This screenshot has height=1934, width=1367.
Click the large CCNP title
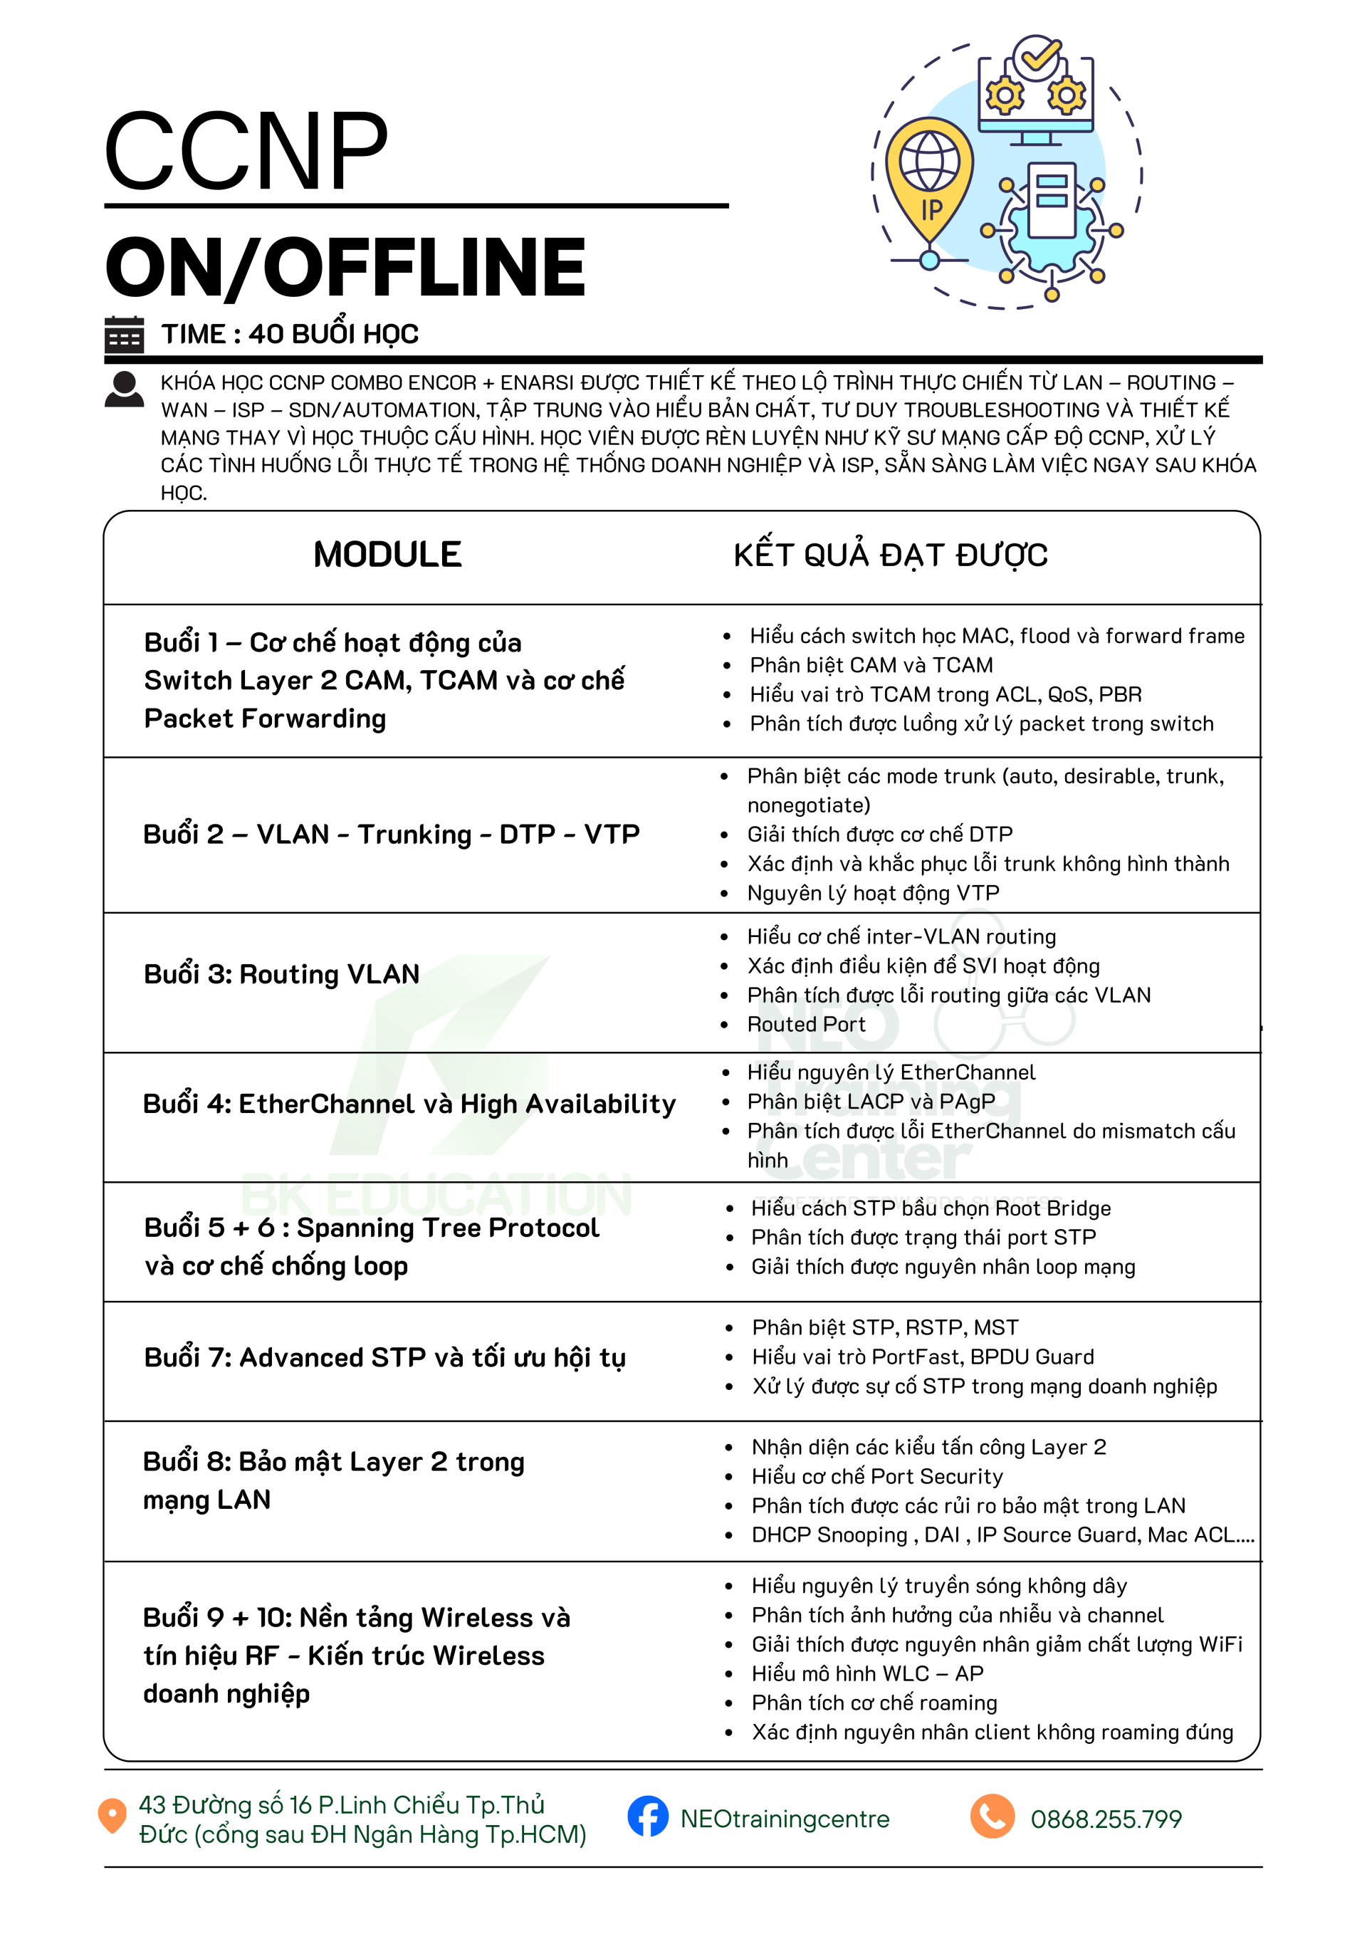pyautogui.click(x=245, y=152)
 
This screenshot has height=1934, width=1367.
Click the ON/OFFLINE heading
pyautogui.click(x=345, y=267)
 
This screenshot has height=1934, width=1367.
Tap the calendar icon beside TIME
pyautogui.click(x=124, y=335)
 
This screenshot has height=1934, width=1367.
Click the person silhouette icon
pyautogui.click(x=124, y=390)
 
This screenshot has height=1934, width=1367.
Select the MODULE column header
pyautogui.click(x=387, y=555)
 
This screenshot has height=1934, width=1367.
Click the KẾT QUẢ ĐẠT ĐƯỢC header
pyautogui.click(x=890, y=556)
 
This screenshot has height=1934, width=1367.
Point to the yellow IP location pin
pyautogui.click(x=929, y=181)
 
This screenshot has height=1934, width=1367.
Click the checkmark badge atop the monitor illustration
pyautogui.click(x=1036, y=57)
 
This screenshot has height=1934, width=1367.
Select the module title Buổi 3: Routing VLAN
pyautogui.click(x=281, y=975)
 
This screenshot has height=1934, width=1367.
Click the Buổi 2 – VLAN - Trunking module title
pyautogui.click(x=391, y=835)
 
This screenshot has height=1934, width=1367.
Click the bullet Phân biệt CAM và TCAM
pyautogui.click(x=871, y=666)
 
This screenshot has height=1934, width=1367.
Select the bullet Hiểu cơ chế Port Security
pyautogui.click(x=876, y=1477)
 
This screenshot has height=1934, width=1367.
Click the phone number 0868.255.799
pyautogui.click(x=1106, y=1819)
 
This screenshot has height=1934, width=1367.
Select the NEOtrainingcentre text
pyautogui.click(x=784, y=1819)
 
